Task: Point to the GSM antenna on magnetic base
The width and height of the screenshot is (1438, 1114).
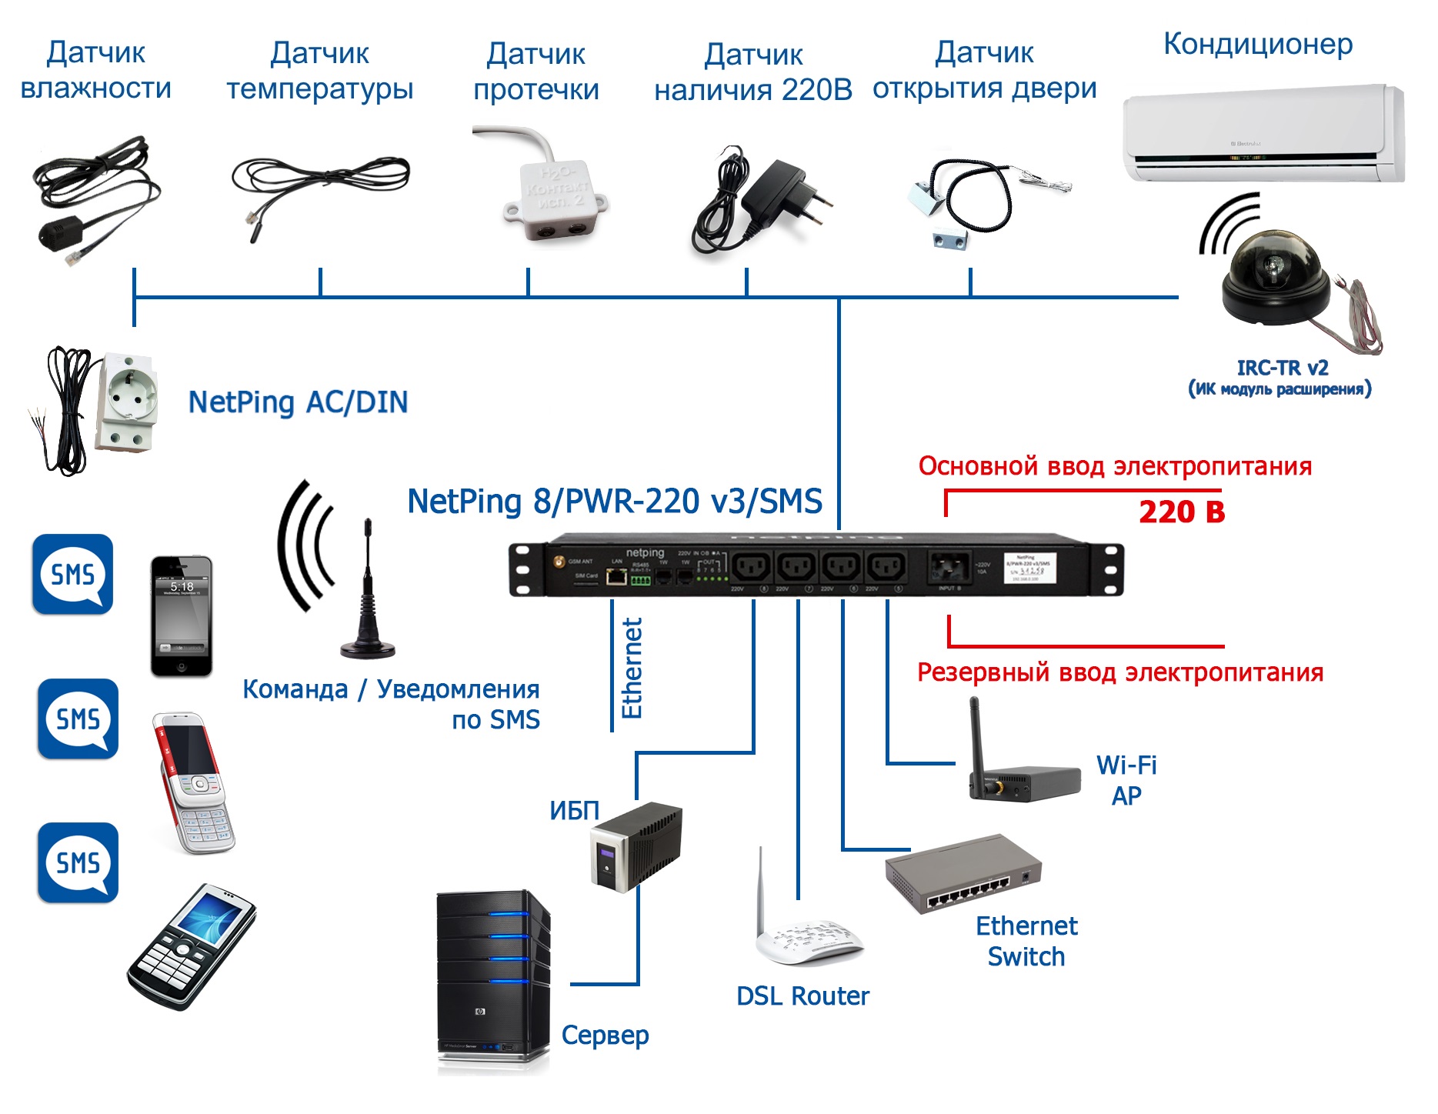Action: point(368,592)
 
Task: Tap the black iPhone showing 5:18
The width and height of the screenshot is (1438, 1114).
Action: point(182,616)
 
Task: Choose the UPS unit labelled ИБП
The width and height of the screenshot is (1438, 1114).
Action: point(638,846)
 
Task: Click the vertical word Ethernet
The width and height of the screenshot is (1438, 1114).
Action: point(632,669)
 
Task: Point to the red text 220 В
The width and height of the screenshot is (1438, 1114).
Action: point(1182,512)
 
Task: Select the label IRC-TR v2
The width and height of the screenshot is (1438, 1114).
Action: point(1283,368)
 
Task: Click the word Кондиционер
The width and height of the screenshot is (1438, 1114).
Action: point(1258,45)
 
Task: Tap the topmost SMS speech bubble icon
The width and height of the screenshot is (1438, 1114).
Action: point(73,575)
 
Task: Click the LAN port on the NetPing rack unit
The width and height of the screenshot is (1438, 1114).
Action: point(616,576)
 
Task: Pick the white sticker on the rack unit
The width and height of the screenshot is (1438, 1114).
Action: point(1029,569)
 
